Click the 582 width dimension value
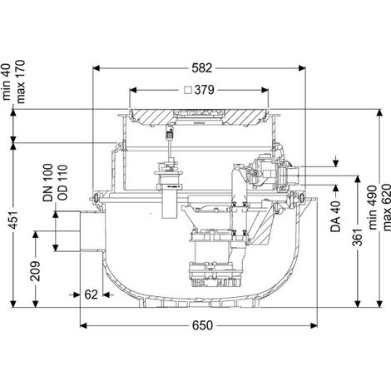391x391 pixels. tap(201, 68)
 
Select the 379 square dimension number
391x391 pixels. tap(205, 90)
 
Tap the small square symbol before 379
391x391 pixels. tap(189, 90)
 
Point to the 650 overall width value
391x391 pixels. tap(202, 325)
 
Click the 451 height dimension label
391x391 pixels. tap(14, 220)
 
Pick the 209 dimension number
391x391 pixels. tap(36, 271)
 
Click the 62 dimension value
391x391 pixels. tap(91, 294)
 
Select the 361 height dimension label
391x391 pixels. tap(358, 237)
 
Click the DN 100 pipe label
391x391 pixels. tap(47, 182)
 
